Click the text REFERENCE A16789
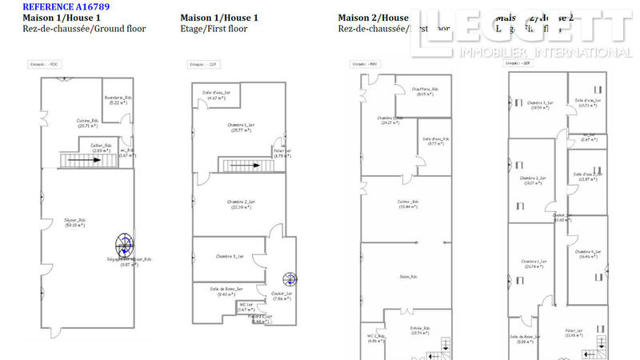pyautogui.click(x=66, y=6)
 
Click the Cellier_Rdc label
pyautogui.click(x=101, y=146)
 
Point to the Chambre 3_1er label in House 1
pyautogui.click(x=230, y=256)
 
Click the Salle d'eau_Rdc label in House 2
pyautogui.click(x=435, y=139)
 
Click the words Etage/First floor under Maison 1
pyautogui.click(x=214, y=29)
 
